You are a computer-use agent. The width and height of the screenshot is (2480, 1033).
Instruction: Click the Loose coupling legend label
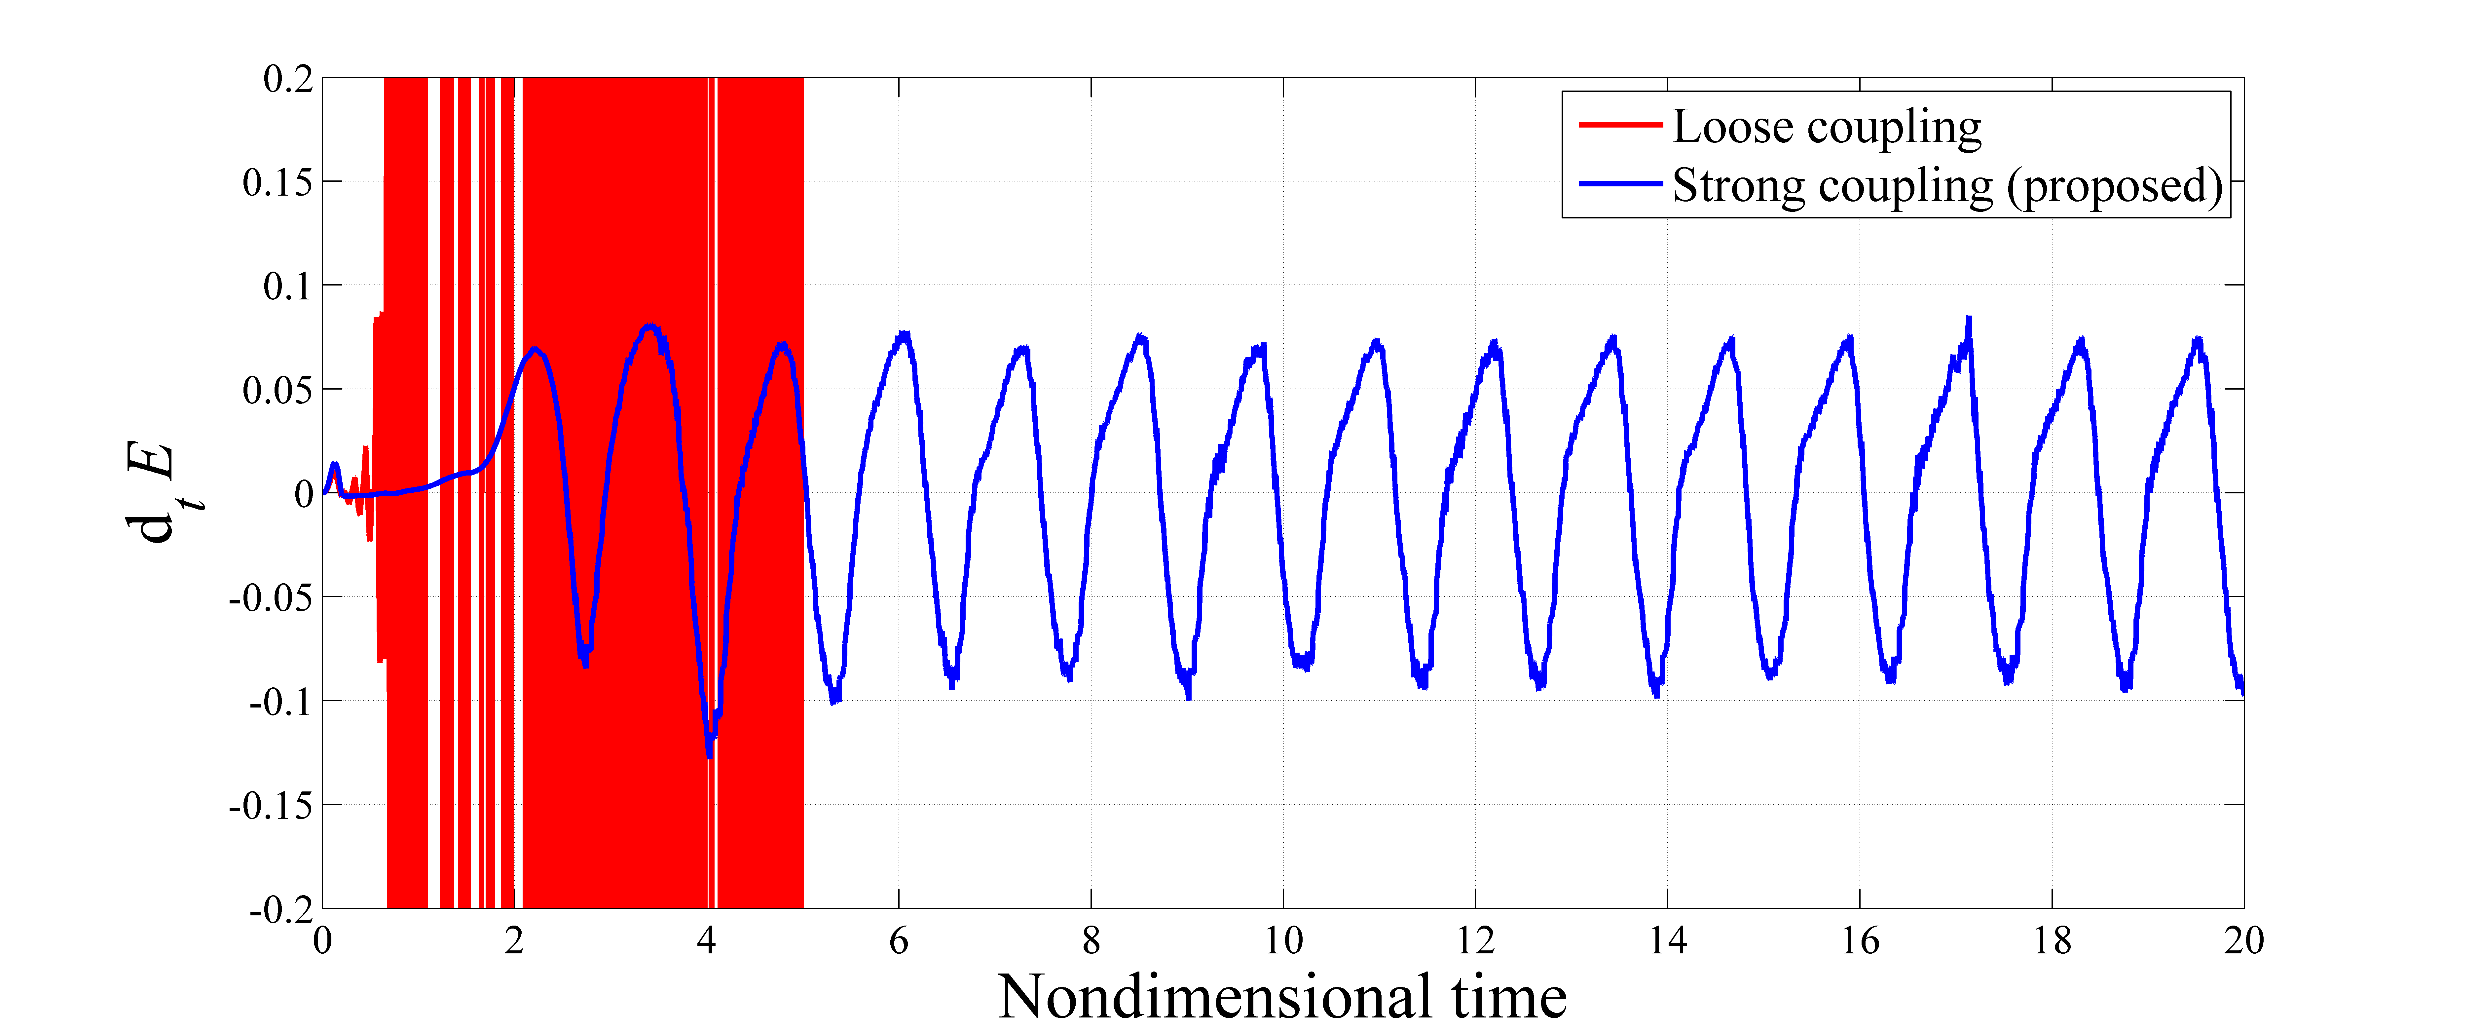[1826, 127]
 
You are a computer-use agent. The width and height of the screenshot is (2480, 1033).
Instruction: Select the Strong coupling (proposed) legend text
[1947, 186]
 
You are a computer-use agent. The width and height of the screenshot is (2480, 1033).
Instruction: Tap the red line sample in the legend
[1620, 125]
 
